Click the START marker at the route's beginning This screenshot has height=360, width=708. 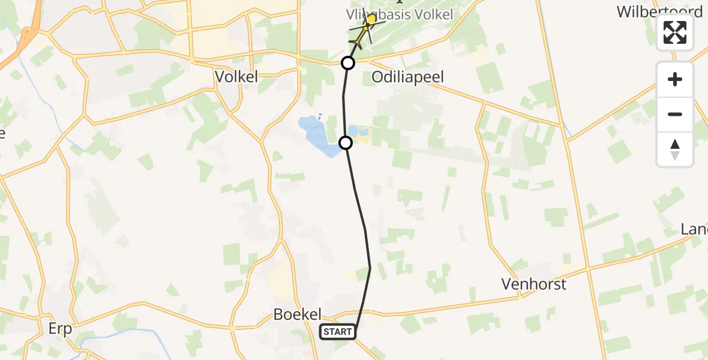pyautogui.click(x=338, y=332)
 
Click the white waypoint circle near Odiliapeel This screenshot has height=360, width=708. pyautogui.click(x=348, y=63)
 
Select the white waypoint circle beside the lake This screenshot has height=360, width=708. pyautogui.click(x=346, y=142)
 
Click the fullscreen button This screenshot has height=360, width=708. pyautogui.click(x=675, y=32)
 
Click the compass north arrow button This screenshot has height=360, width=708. pyautogui.click(x=675, y=149)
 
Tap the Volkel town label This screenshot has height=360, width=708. pyautogui.click(x=236, y=77)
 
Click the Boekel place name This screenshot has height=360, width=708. pyautogui.click(x=297, y=314)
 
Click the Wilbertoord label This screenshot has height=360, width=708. pyautogui.click(x=659, y=12)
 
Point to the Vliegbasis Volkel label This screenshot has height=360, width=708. pyautogui.click(x=400, y=14)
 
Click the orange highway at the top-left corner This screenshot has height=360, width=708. pyautogui.click(x=27, y=37)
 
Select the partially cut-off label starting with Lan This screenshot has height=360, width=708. pyautogui.click(x=694, y=230)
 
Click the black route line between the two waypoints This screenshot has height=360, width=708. pyautogui.click(x=344, y=102)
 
